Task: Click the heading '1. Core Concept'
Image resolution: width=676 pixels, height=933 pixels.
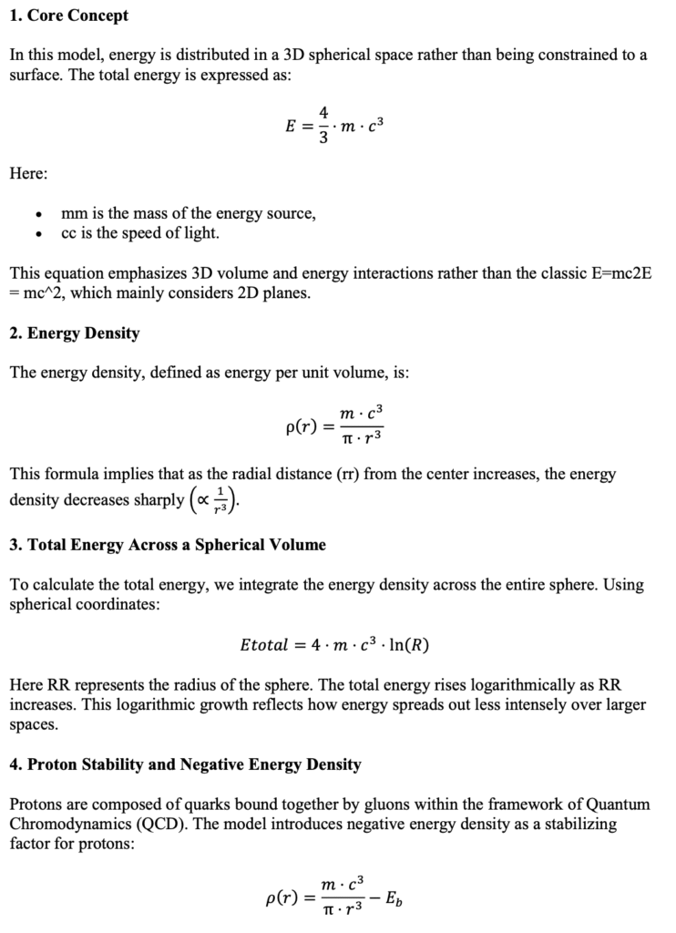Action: click(x=69, y=15)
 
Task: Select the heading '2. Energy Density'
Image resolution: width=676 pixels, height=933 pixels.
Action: click(x=75, y=333)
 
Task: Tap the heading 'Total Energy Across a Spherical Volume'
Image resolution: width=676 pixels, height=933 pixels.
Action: click(x=177, y=546)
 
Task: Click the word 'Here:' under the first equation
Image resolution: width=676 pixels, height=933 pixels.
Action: click(x=29, y=174)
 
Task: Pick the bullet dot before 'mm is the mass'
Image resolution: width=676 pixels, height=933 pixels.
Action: click(x=38, y=215)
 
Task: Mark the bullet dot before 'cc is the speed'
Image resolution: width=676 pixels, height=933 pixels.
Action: click(x=38, y=234)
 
